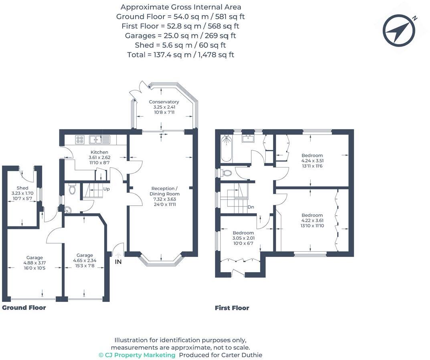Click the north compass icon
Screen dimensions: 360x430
tap(399, 30)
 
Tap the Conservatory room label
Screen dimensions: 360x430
tap(164, 102)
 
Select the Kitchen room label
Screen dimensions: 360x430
tap(99, 152)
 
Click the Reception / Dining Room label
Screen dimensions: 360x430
tap(164, 188)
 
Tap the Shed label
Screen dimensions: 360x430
tap(22, 188)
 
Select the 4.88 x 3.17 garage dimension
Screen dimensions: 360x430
tap(34, 263)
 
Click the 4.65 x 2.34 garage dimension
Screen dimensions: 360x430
tap(85, 261)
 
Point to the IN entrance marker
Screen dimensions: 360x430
tap(118, 262)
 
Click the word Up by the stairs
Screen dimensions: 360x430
tap(107, 188)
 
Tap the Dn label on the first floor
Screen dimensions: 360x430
tap(251, 207)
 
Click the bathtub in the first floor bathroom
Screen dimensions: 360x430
tap(226, 149)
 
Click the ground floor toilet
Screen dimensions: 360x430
tap(73, 189)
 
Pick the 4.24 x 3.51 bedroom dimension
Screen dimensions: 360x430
tap(312, 161)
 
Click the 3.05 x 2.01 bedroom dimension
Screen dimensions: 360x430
tap(243, 238)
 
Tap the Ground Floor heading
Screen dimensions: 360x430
tap(24, 308)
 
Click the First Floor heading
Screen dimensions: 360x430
tap(232, 308)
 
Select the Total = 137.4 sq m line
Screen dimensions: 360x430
tap(180, 55)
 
